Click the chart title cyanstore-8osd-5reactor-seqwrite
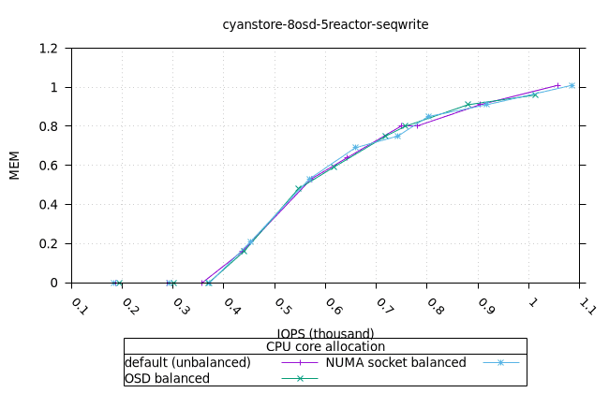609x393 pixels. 325,24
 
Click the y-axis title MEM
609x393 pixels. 14,166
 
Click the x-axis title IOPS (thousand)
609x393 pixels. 325,333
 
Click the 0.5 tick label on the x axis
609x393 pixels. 282,306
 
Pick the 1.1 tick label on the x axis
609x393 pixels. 587,306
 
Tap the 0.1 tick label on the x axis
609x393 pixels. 80,306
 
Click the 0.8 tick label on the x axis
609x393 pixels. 435,306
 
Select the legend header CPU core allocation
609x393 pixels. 325,346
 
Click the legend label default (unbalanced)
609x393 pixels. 188,362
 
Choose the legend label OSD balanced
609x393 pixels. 167,378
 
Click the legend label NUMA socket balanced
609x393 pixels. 395,362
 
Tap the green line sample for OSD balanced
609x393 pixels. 300,378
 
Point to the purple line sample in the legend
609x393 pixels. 300,362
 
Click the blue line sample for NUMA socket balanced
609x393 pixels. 500,362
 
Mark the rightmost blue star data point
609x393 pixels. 572,85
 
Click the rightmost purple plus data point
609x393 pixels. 558,85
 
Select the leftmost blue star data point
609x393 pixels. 114,283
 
